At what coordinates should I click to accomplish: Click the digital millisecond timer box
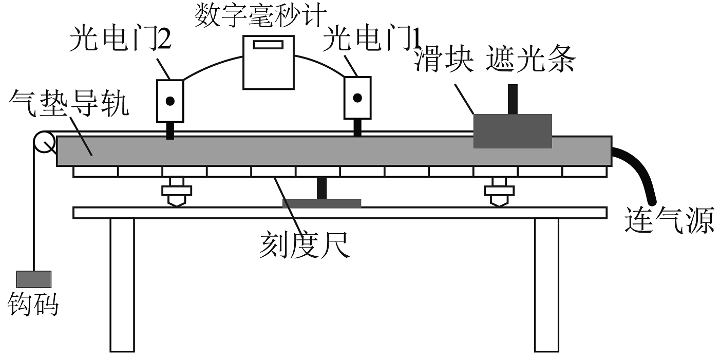click(x=268, y=63)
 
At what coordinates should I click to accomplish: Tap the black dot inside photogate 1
click(x=357, y=97)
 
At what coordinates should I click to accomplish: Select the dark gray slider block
click(x=512, y=131)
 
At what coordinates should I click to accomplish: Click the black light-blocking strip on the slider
click(x=512, y=99)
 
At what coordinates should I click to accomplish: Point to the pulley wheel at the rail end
click(x=44, y=142)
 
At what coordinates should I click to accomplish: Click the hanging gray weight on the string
click(x=33, y=279)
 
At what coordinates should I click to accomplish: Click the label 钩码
click(x=33, y=305)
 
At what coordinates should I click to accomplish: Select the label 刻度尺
click(x=304, y=246)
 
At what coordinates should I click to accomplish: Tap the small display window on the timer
click(x=268, y=44)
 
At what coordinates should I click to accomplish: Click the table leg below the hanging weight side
click(x=122, y=285)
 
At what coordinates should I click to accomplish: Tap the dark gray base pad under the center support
click(x=321, y=203)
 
